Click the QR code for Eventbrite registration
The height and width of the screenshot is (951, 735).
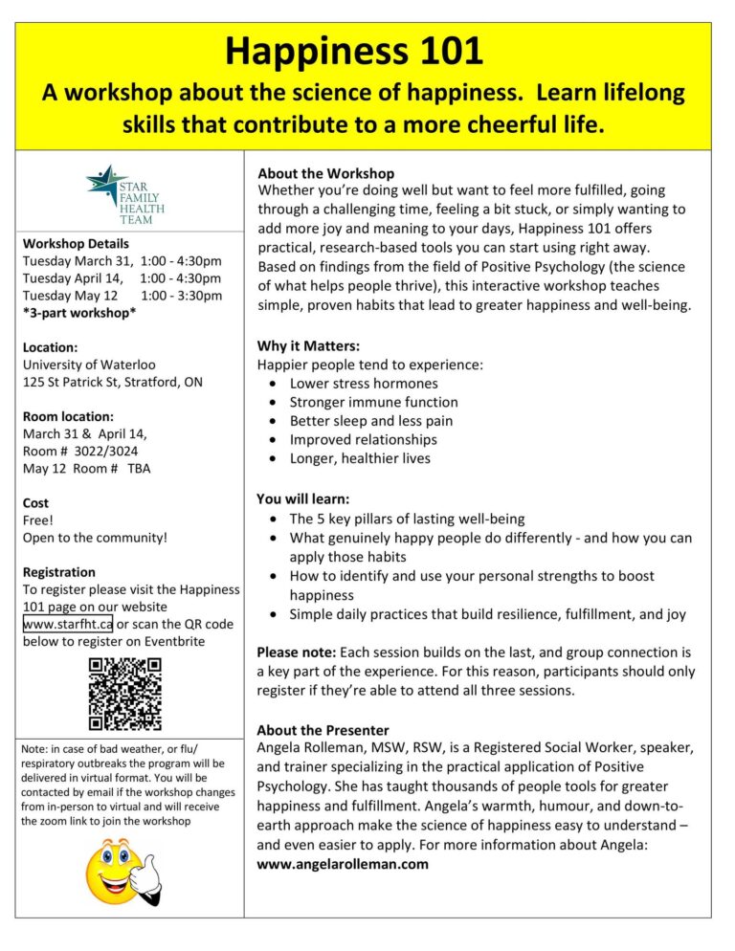tap(125, 693)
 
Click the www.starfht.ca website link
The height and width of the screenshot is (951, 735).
tap(68, 624)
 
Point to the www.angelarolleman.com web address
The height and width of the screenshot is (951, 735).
tap(343, 864)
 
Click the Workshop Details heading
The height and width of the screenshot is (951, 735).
tap(76, 243)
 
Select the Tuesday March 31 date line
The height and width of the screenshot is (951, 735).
tap(122, 261)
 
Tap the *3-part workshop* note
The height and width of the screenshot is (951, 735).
tap(79, 313)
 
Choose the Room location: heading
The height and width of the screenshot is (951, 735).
tap(68, 416)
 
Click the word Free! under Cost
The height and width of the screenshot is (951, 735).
tap(39, 520)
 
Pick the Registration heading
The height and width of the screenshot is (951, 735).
tap(59, 572)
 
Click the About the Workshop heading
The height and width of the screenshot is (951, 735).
tap(325, 173)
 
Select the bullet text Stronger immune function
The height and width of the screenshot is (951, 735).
tap(373, 402)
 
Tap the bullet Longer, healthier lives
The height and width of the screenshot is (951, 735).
tap(360, 458)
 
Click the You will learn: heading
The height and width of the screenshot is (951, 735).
tap(302, 498)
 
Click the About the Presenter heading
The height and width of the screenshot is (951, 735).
tap(323, 730)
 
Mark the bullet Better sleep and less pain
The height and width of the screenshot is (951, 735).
tap(371, 421)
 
